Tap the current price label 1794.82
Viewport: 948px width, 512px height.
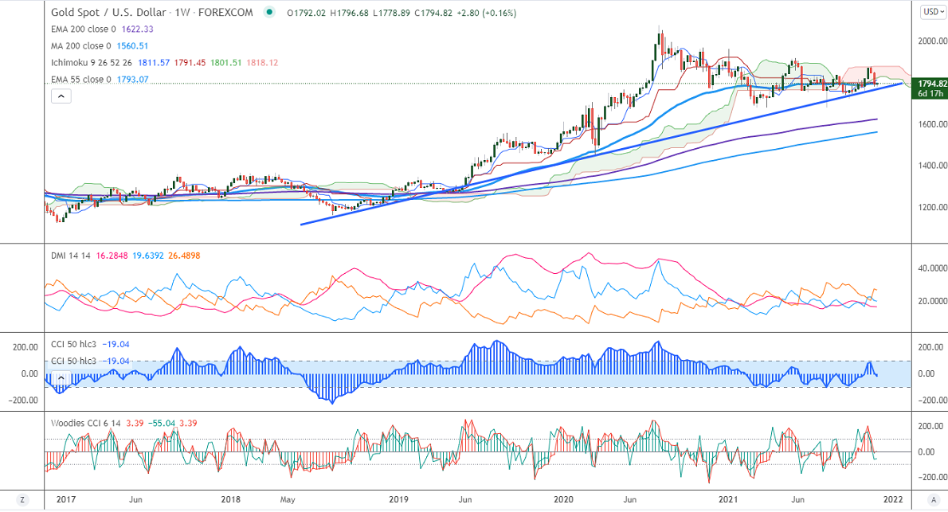pos(930,83)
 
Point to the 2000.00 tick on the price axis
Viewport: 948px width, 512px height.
pos(930,41)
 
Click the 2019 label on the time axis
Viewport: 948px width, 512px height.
pos(398,500)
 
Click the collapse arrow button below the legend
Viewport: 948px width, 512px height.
pos(61,96)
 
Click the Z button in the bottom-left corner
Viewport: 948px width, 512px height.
pos(22,500)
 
